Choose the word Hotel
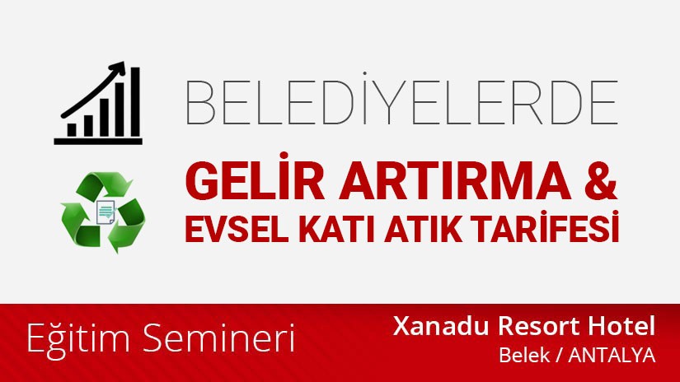pos(624,326)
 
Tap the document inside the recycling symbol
pos(105,212)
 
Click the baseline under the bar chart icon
pos(97,141)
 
